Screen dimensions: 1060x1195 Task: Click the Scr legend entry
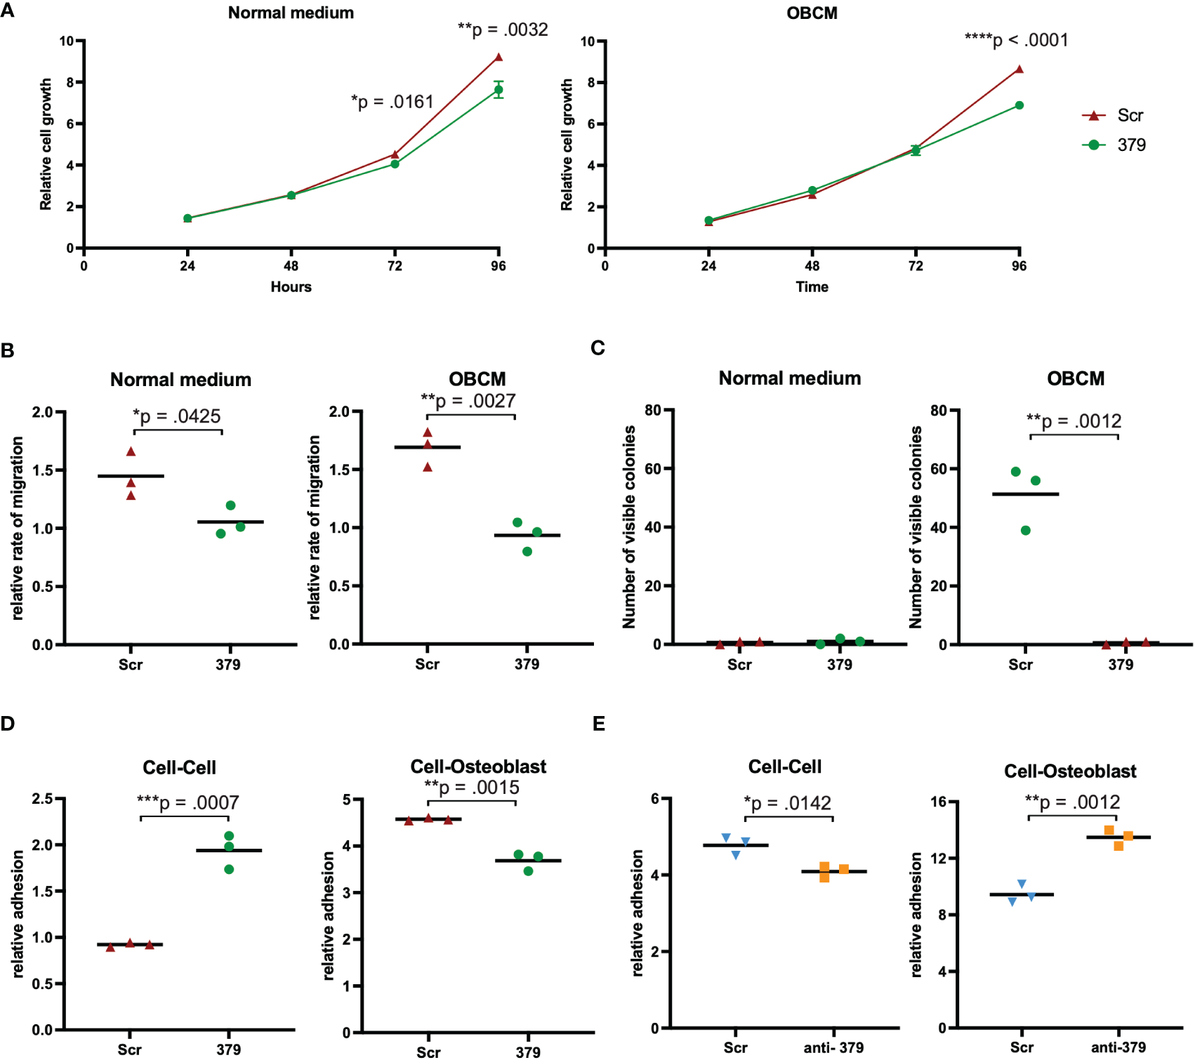pyautogui.click(x=1114, y=115)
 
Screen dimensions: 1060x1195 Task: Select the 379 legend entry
pyautogui.click(x=1115, y=145)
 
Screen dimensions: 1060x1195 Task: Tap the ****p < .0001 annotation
pyautogui.click(x=1016, y=40)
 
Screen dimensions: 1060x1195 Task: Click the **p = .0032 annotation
pyautogui.click(x=503, y=29)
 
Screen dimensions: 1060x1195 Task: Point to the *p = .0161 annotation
pyautogui.click(x=392, y=102)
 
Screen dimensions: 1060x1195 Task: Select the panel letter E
pyautogui.click(x=599, y=724)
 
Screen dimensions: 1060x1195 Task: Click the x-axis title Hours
pyautogui.click(x=291, y=286)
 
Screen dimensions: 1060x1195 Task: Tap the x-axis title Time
pyautogui.click(x=812, y=286)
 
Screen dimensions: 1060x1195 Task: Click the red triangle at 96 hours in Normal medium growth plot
pyautogui.click(x=499, y=58)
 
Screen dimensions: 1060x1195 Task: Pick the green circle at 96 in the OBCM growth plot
pyautogui.click(x=1019, y=105)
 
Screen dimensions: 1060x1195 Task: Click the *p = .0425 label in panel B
pyautogui.click(x=177, y=416)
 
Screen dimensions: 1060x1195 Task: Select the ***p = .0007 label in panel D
pyautogui.click(x=187, y=802)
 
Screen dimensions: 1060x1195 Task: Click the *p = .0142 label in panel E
pyautogui.click(x=787, y=803)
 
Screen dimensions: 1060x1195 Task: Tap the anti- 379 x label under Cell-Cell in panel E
pyautogui.click(x=833, y=1047)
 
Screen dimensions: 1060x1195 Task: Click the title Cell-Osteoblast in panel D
pyautogui.click(x=478, y=767)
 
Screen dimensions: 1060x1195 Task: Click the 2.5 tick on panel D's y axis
pyautogui.click(x=43, y=799)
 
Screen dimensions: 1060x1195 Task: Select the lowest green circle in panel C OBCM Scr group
pyautogui.click(x=1026, y=531)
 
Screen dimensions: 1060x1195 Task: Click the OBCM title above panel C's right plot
pyautogui.click(x=1076, y=378)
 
